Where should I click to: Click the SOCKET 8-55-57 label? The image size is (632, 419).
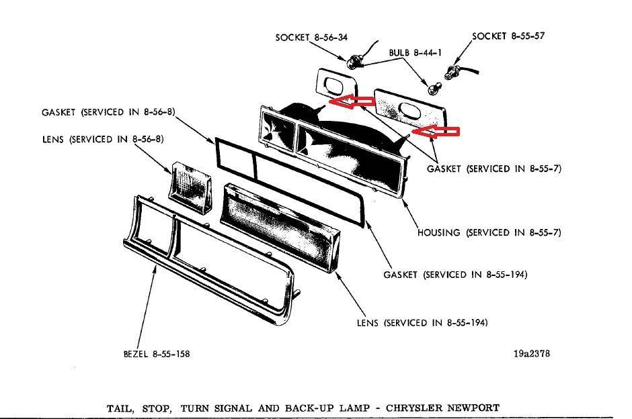[508, 36]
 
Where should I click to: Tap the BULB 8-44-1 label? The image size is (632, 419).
[415, 52]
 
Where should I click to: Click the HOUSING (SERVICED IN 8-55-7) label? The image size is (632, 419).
[489, 232]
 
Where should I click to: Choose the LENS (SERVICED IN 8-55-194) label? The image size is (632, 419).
[422, 323]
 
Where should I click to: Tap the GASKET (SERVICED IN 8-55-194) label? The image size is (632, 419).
[455, 275]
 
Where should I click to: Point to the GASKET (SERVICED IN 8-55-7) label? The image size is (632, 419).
[493, 169]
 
